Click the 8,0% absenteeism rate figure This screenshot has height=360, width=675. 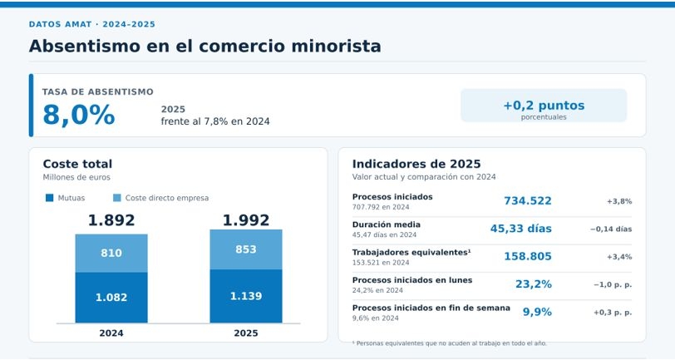pyautogui.click(x=79, y=115)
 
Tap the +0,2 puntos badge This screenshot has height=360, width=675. pyautogui.click(x=544, y=106)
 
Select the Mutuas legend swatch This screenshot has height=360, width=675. pyautogui.click(x=50, y=198)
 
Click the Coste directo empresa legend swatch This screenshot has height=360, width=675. pyautogui.click(x=116, y=198)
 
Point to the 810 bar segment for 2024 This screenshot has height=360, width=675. pyautogui.click(x=111, y=254)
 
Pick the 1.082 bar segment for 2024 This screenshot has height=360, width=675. pyautogui.click(x=111, y=297)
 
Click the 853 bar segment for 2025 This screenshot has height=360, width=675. pyautogui.click(x=246, y=249)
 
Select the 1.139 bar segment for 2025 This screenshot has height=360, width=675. pyautogui.click(x=246, y=296)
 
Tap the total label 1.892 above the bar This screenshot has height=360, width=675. pyautogui.click(x=111, y=220)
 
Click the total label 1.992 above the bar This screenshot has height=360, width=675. pyautogui.click(x=246, y=220)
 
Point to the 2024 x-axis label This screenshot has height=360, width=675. pyautogui.click(x=111, y=333)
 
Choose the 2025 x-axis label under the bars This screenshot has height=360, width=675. pyautogui.click(x=246, y=333)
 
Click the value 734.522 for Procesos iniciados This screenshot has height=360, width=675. pyautogui.click(x=528, y=200)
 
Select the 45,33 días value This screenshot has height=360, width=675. pyautogui.click(x=521, y=229)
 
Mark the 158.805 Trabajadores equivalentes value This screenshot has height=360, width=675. pyautogui.click(x=528, y=256)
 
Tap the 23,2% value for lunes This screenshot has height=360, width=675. pyautogui.click(x=534, y=284)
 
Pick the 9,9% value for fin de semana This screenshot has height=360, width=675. pyautogui.click(x=537, y=312)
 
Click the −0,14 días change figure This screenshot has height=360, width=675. pyautogui.click(x=611, y=229)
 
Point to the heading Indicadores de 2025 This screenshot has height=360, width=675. pyautogui.click(x=416, y=164)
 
